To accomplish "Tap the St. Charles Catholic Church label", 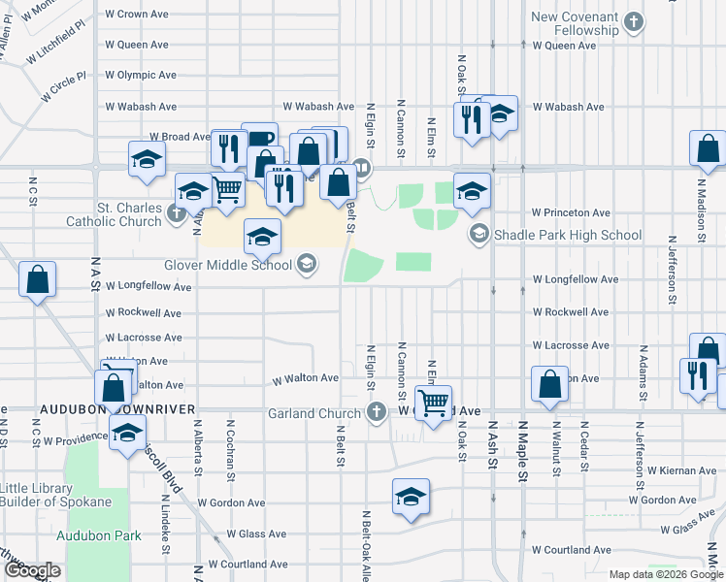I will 114,214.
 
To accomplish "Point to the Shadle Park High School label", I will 568,235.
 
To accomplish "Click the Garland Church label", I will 314,413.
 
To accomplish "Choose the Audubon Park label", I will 98,535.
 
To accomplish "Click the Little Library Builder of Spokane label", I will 55,495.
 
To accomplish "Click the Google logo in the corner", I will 32,570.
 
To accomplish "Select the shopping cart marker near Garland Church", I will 433,399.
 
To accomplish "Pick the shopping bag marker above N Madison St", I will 708,147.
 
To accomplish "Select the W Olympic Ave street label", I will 141,75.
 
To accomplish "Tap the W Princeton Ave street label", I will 571,212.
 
